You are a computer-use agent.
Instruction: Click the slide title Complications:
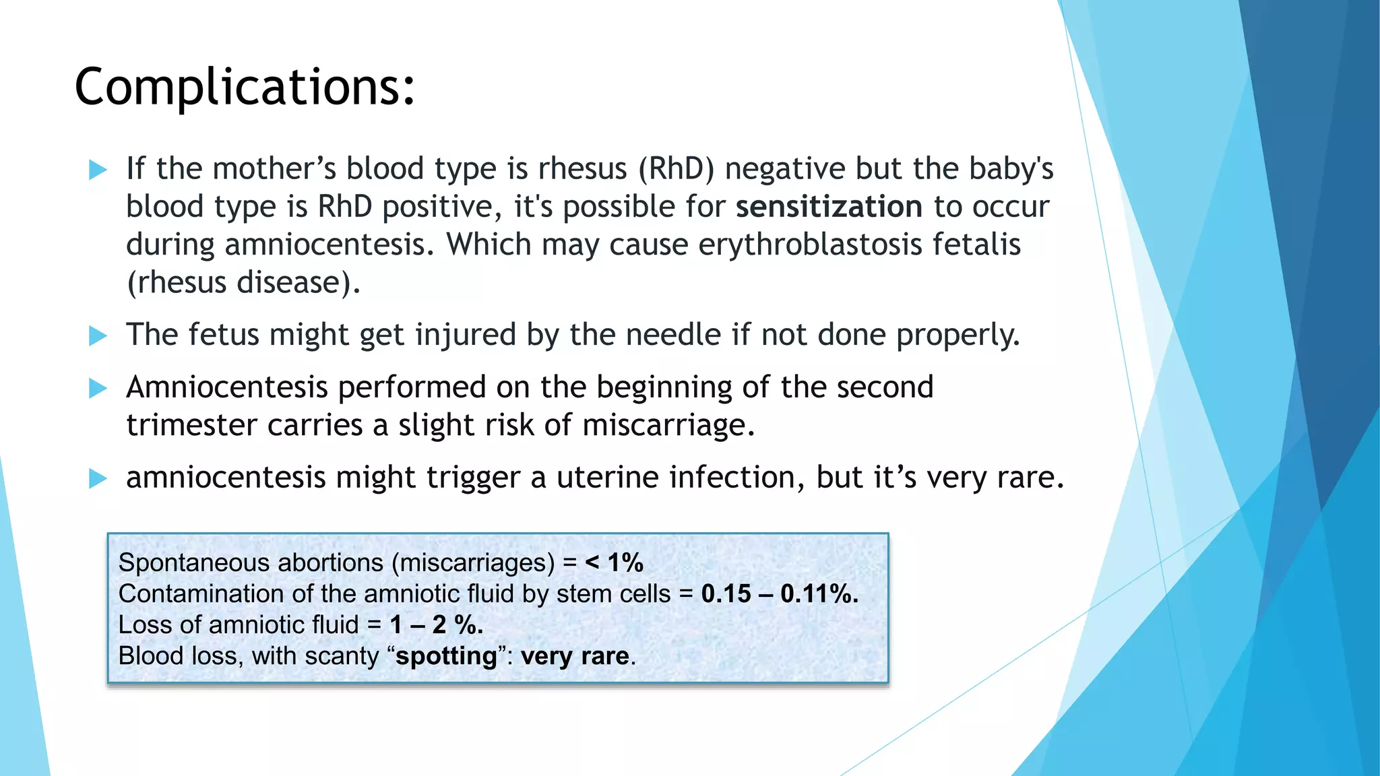pyautogui.click(x=245, y=88)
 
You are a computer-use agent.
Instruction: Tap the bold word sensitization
pyautogui.click(x=828, y=207)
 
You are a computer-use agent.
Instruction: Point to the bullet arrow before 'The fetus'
pyautogui.click(x=98, y=335)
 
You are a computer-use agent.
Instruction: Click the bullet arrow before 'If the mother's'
pyautogui.click(x=98, y=170)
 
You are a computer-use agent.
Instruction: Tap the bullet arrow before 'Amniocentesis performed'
pyautogui.click(x=98, y=388)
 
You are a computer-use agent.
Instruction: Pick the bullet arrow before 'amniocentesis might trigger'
pyautogui.click(x=98, y=479)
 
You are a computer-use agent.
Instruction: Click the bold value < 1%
pyautogui.click(x=614, y=562)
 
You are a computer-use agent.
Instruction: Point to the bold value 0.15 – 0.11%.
pyautogui.click(x=779, y=593)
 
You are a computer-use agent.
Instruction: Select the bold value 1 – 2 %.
pyautogui.click(x=436, y=624)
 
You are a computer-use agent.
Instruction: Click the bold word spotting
pyautogui.click(x=446, y=656)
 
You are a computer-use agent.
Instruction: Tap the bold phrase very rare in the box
pyautogui.click(x=575, y=656)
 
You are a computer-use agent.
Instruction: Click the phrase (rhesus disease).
pyautogui.click(x=243, y=282)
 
